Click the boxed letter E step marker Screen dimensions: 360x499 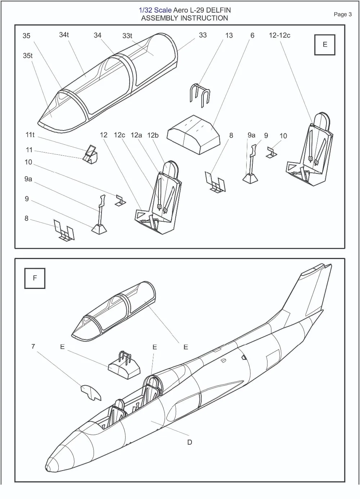pos(325,45)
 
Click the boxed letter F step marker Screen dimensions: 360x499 pos(35,278)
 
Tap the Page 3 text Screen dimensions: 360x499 pos(343,14)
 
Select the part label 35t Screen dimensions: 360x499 pos(28,56)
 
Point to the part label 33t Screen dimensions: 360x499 pos(127,36)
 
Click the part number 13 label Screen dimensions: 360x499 pos(229,35)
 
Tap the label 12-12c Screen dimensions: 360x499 pos(279,35)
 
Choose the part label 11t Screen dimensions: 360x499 pos(30,135)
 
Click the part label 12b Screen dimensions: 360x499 pos(153,135)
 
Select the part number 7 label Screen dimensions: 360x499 pos(33,346)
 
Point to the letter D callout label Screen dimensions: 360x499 pos(190,442)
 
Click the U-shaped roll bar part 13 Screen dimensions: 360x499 pos(200,96)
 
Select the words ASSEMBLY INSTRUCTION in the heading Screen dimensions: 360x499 pos(185,18)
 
